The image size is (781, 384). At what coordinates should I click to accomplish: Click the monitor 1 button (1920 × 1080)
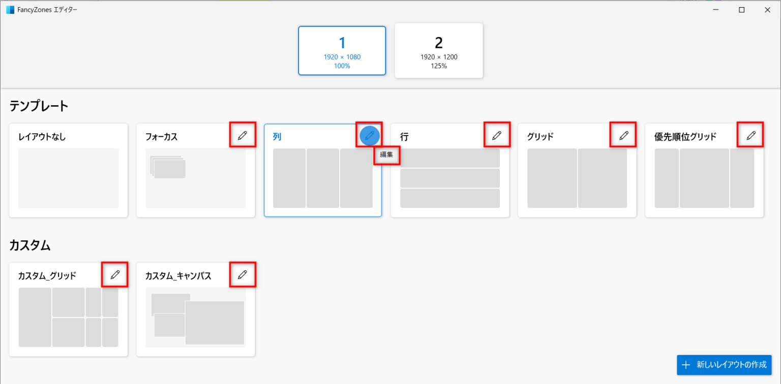342,50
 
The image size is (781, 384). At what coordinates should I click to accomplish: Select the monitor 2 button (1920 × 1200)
439,50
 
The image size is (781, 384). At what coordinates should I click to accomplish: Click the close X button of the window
767,10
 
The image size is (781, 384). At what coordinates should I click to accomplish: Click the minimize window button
716,10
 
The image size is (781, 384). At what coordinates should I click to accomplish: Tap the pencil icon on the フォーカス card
243,135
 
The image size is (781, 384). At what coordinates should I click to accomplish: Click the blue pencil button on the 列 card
369,136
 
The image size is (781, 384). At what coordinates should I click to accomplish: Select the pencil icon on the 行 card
497,135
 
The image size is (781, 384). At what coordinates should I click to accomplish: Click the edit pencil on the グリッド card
624,135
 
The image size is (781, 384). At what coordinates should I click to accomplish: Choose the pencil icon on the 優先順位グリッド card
751,135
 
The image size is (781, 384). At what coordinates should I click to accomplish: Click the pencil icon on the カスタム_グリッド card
115,275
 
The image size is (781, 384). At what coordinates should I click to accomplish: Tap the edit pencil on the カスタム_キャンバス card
243,275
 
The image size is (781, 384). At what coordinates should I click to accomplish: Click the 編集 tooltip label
386,154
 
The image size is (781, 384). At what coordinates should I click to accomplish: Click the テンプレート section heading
39,106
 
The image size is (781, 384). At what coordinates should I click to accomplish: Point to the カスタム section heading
30,245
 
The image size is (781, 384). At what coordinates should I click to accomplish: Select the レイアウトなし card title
42,137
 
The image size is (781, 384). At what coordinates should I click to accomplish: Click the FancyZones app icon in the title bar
10,10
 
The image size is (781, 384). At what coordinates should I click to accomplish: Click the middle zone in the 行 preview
450,178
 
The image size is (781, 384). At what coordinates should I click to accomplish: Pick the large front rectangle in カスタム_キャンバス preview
215,323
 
